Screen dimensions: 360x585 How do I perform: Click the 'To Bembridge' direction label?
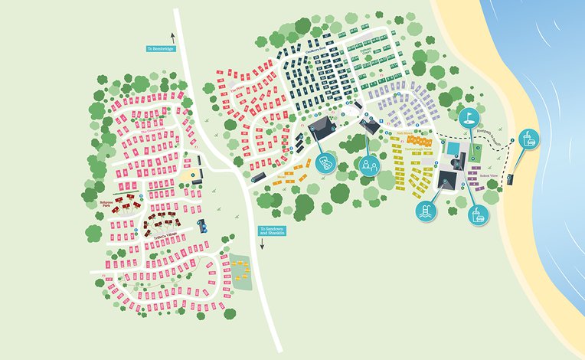[162, 48]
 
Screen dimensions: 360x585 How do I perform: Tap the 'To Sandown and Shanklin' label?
[272, 231]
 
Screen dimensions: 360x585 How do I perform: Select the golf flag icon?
[469, 117]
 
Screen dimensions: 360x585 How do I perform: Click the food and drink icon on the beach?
[528, 139]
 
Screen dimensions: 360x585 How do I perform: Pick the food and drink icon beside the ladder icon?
[479, 214]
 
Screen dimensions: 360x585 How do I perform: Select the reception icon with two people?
[369, 165]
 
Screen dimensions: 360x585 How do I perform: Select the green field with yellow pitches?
[240, 270]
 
